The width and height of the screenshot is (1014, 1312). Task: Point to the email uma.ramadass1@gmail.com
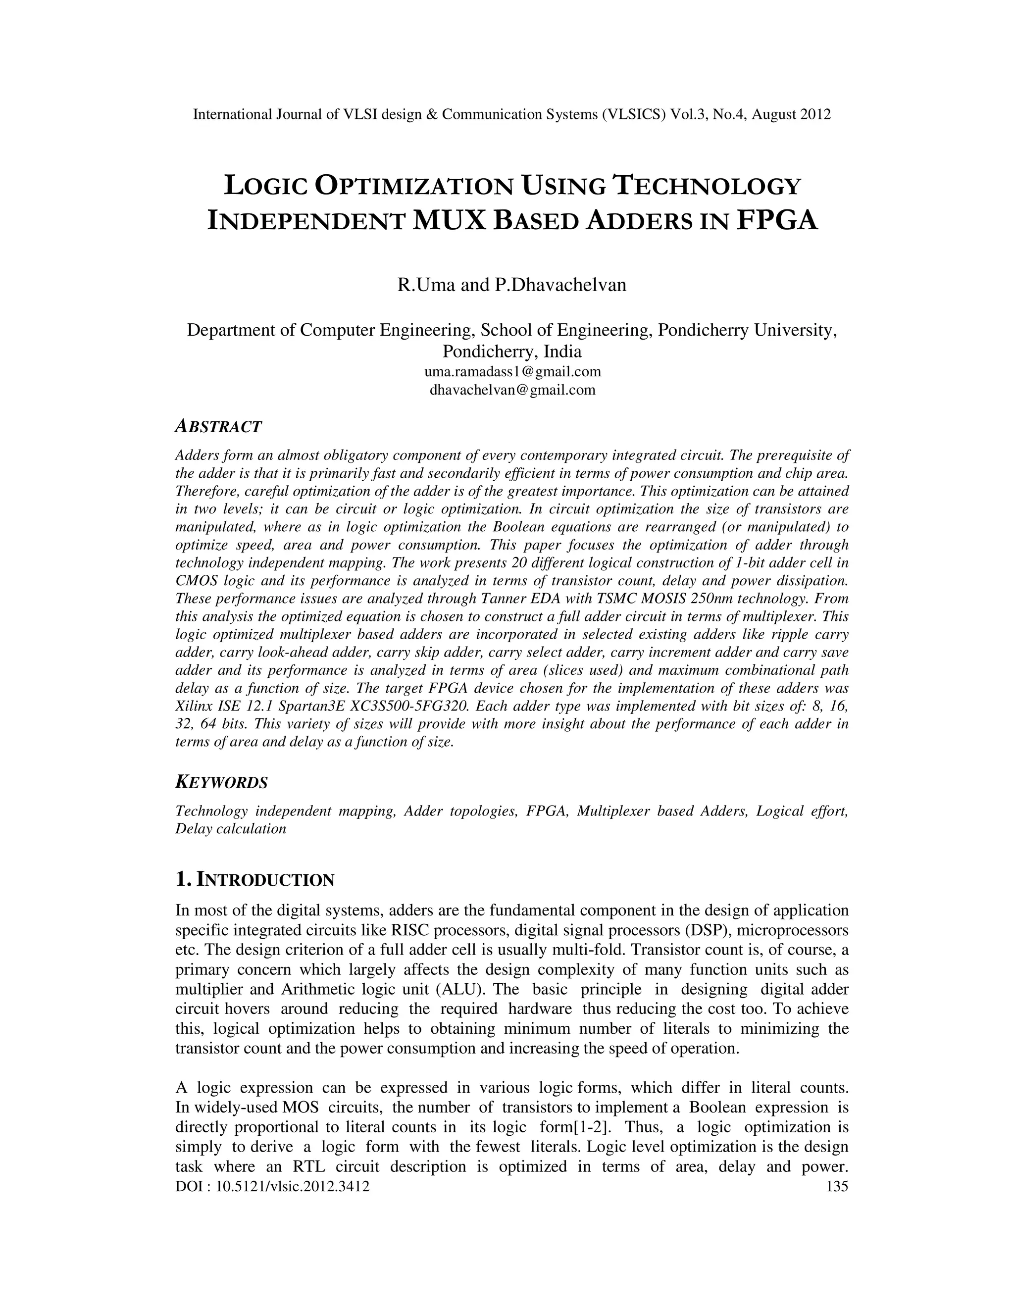tap(512, 371)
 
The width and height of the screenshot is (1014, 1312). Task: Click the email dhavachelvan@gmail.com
tap(512, 389)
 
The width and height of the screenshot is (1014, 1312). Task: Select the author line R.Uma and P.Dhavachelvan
tap(512, 284)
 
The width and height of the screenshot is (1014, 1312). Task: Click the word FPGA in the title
tap(777, 220)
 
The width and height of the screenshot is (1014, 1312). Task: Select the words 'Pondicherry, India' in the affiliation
tap(512, 351)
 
